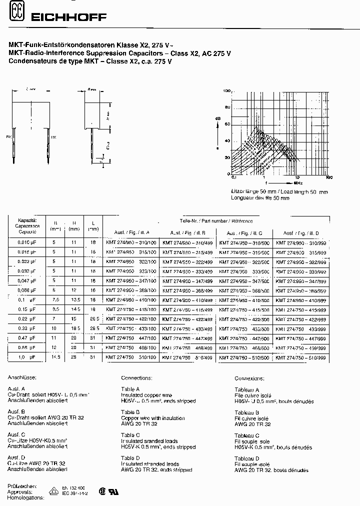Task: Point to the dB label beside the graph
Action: pos(218,118)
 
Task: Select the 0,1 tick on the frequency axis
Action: pos(233,177)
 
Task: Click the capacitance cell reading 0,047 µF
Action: pos(27,281)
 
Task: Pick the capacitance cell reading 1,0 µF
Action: pos(27,357)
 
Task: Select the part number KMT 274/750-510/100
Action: pos(131,357)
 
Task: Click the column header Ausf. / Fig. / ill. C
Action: pos(244,233)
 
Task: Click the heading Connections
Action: pos(136,379)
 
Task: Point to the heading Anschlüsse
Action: pos(20,379)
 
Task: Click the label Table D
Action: pos(130,457)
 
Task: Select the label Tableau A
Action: pos(247,389)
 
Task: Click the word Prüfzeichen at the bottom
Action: pos(20,485)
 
